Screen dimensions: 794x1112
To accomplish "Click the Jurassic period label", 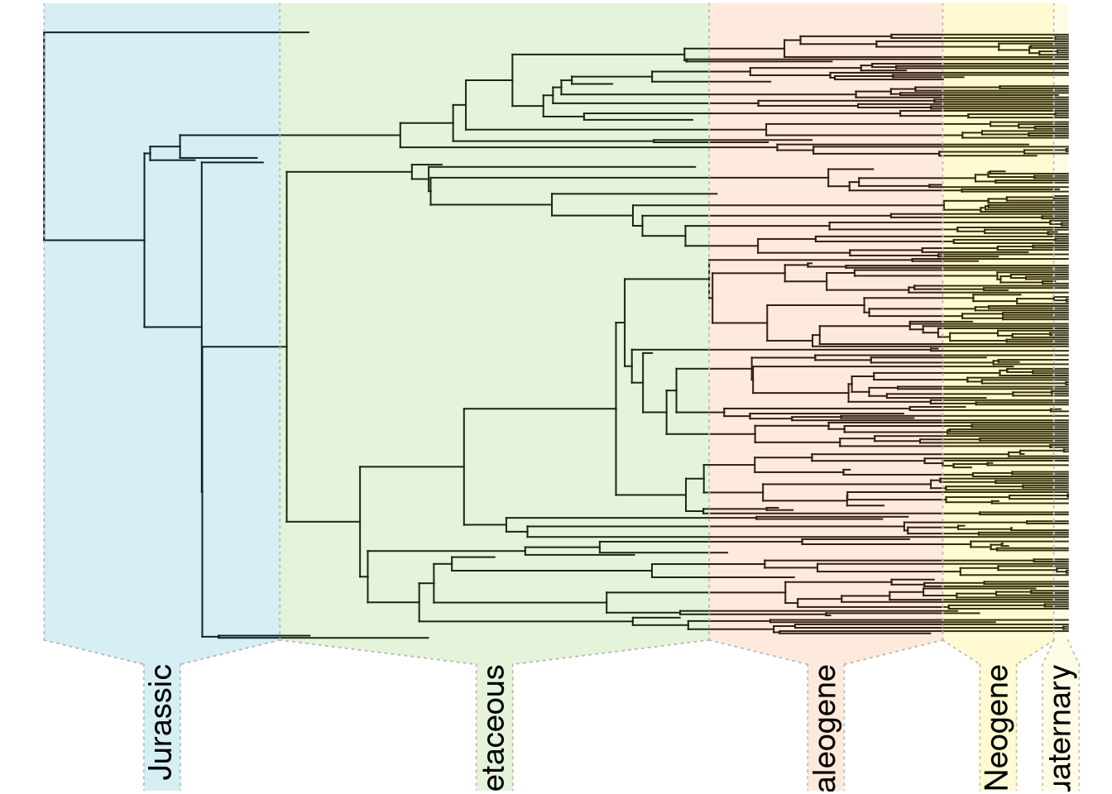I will (161, 721).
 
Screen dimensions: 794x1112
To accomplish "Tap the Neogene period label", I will (996, 726).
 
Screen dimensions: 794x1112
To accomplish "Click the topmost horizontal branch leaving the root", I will (174, 32).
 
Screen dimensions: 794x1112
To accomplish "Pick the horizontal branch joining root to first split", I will (93, 241).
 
